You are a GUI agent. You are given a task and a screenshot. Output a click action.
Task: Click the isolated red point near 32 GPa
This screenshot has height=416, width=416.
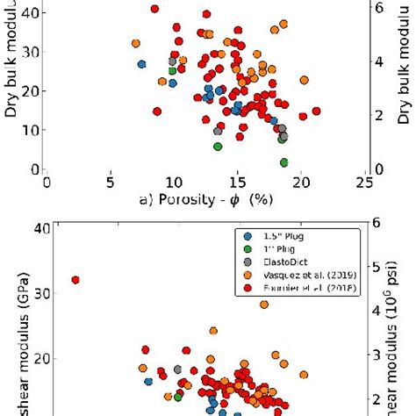[x=75, y=280]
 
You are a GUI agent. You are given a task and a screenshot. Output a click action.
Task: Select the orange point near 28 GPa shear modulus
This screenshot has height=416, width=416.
[x=264, y=305]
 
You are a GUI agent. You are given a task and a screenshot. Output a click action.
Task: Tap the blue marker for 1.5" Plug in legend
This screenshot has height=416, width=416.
[x=247, y=235]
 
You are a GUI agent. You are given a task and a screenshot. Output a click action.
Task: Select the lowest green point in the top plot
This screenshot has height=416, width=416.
[x=283, y=162]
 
